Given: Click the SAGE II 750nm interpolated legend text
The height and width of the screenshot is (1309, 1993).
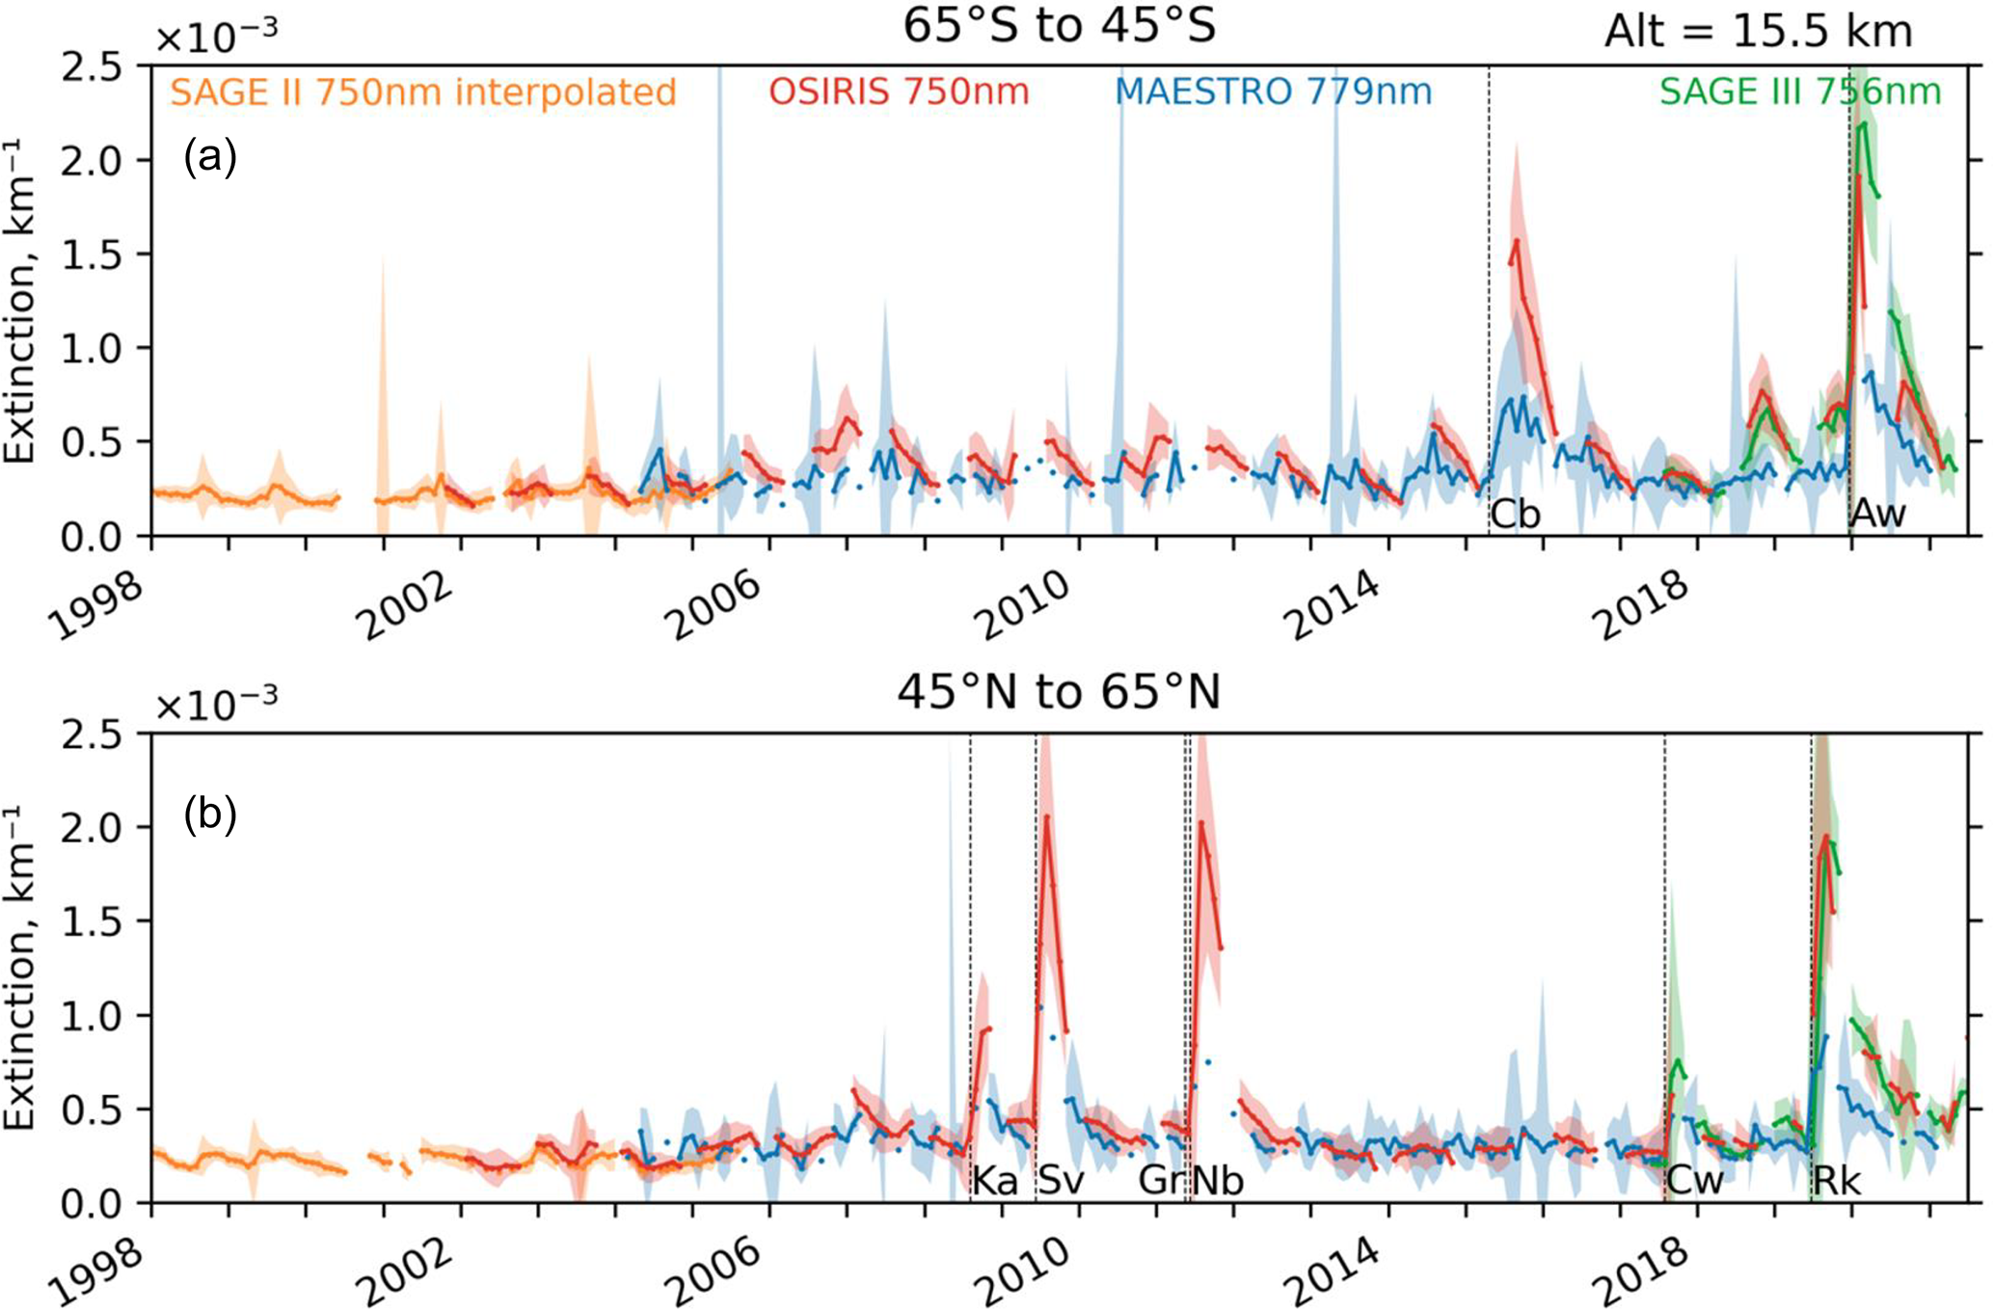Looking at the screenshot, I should click(423, 93).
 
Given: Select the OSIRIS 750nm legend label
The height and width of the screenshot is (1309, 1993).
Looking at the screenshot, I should click(899, 93).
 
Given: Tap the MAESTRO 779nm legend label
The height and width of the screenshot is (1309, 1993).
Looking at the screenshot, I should click(1273, 93).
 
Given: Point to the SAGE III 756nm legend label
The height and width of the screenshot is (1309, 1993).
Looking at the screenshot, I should click(1799, 93).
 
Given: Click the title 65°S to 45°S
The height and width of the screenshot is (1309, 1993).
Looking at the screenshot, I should click(1059, 27).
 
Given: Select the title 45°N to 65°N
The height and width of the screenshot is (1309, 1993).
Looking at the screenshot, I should click(1059, 692).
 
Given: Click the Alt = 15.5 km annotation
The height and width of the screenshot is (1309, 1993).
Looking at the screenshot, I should click(1758, 33).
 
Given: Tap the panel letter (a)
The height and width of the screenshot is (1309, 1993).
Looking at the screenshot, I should click(210, 156).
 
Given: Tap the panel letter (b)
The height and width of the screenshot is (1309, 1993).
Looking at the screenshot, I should click(210, 815).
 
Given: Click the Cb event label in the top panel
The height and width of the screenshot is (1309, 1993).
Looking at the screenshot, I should click(1515, 515).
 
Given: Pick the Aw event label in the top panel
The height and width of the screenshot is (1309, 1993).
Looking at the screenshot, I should click(1878, 514).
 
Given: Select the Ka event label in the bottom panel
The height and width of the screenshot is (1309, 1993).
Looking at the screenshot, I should click(995, 1181).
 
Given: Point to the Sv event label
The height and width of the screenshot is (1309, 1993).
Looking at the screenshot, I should click(1061, 1181).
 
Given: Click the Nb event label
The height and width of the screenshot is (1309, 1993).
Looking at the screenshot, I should click(1218, 1181).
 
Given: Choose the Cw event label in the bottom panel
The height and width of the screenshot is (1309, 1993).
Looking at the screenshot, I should click(1695, 1181).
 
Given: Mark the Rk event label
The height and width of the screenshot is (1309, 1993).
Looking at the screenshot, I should click(1837, 1181).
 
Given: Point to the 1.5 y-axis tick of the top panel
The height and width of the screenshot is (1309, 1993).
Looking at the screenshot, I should click(91, 254).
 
